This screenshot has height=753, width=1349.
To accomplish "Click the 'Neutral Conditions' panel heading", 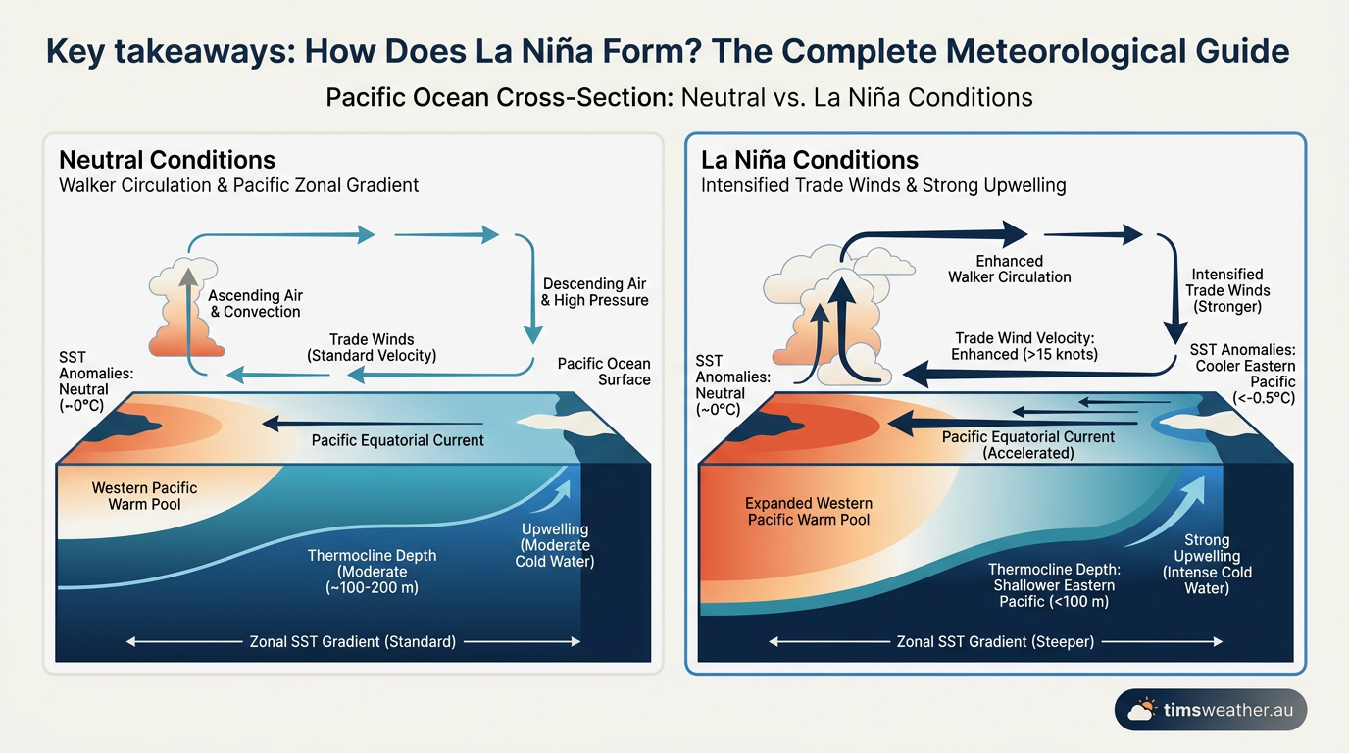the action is point(167,160).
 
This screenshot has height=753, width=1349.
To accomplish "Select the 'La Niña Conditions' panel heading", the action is point(810,160).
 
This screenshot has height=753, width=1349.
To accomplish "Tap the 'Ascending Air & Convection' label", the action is point(255,304).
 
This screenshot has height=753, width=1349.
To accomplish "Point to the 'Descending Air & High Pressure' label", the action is point(594,292).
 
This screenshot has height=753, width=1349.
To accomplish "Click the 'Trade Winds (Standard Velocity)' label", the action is point(372,348).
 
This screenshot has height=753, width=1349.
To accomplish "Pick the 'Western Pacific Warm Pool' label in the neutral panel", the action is point(144,496).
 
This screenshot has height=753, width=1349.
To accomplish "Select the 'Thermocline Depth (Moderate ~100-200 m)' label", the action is point(373,572).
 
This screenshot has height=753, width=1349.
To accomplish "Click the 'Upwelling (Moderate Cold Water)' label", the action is point(555,545).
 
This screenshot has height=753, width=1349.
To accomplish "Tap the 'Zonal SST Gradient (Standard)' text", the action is point(353,641).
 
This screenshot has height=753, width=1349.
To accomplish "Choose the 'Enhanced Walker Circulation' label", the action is point(1010,270).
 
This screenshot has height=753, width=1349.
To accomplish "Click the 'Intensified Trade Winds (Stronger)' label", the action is point(1227,290).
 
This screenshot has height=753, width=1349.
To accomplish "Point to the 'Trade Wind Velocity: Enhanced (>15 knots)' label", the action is point(1024,346).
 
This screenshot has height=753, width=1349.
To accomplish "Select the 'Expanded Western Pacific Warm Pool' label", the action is point(809,512).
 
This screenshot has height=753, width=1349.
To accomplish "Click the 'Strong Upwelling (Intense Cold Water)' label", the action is point(1207,565).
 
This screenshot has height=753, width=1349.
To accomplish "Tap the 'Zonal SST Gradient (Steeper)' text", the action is point(995,641).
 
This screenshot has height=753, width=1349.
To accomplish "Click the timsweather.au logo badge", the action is point(1211,710).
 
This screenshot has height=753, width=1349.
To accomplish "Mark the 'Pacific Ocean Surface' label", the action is point(604,372).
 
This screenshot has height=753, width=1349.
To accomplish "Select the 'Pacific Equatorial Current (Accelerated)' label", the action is point(1028,445).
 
